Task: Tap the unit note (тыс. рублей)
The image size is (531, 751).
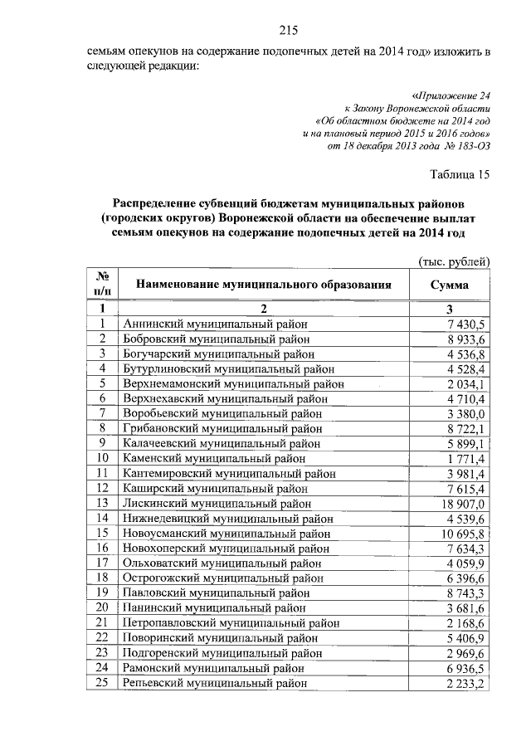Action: coord(455,262)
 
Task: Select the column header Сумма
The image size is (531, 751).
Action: coord(449,285)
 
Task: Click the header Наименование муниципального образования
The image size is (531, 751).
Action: coord(263,285)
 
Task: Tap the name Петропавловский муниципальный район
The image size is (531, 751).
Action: coord(231,622)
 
